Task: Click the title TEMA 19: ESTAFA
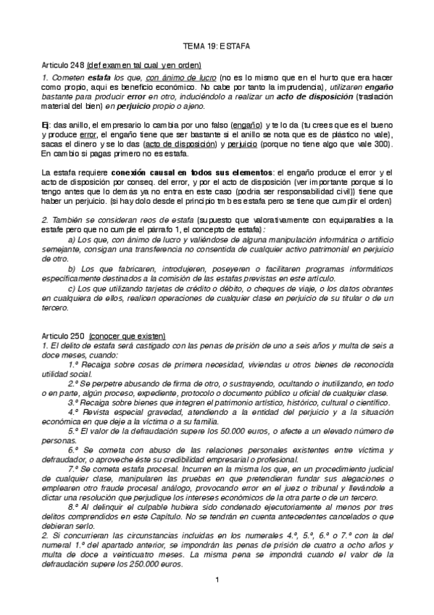pyautogui.click(x=217, y=45)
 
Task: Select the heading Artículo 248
pyautogui.click(x=64, y=64)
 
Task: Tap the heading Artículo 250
pyautogui.click(x=64, y=336)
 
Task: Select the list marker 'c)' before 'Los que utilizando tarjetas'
pyautogui.click(x=70, y=268)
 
